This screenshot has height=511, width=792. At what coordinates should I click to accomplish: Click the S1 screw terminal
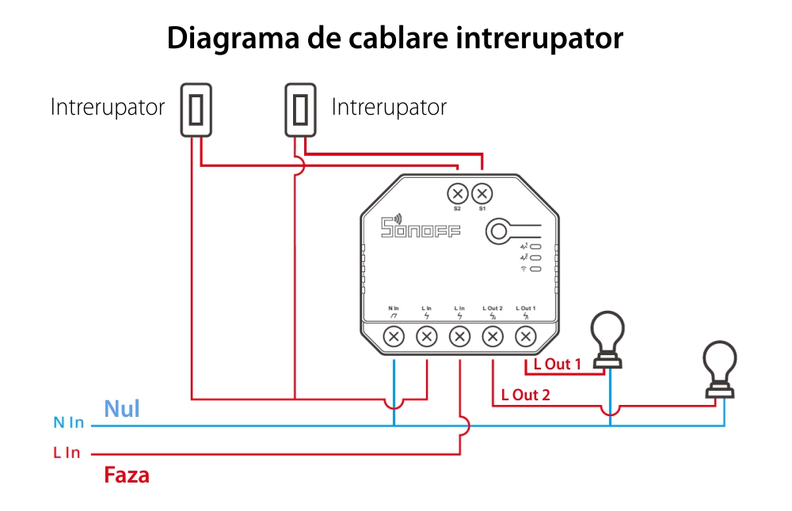pos(482,193)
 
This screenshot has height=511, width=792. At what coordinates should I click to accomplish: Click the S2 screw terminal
pos(457,193)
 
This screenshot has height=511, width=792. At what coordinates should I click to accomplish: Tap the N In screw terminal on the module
pos(394,336)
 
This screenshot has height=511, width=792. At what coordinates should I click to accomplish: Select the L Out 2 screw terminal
pos(492,336)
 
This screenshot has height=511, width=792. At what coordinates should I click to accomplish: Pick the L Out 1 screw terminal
pos(525,336)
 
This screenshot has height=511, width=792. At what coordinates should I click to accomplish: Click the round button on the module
pos(499,231)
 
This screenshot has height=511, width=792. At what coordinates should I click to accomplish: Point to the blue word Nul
pos(122,408)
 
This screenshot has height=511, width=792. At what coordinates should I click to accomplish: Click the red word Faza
pos(127,475)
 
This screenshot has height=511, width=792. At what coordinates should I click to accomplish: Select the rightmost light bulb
pos(723,369)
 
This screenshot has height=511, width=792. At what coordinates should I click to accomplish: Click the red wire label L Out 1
pos(557,365)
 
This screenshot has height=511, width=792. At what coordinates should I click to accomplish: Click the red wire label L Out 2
pos(525,395)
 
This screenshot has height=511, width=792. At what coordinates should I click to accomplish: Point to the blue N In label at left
pos(68,423)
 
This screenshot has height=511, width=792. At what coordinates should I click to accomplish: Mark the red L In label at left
pos(67,453)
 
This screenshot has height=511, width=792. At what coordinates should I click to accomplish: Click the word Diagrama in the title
pos(231,38)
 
